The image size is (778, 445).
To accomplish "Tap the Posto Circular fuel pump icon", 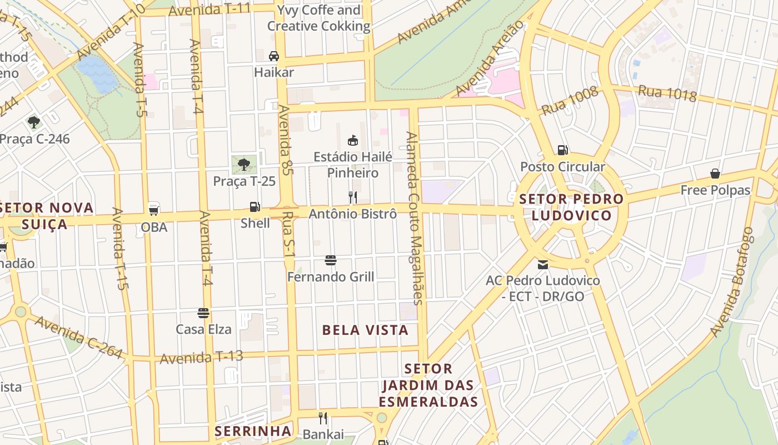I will pyautogui.click(x=562, y=150).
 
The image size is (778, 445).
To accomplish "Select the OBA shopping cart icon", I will pyautogui.click(x=154, y=210).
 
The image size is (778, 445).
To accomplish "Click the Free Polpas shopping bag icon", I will pyautogui.click(x=715, y=174).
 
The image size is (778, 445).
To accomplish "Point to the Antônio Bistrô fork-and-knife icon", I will pyautogui.click(x=352, y=197).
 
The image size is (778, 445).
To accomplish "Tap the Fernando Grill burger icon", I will pyautogui.click(x=331, y=260).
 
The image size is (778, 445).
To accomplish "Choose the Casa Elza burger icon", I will pyautogui.click(x=203, y=313).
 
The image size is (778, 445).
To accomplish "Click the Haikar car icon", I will pyautogui.click(x=274, y=56).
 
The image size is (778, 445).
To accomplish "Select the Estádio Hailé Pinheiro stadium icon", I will pyautogui.click(x=352, y=140).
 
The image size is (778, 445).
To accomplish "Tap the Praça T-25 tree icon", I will pyautogui.click(x=243, y=164).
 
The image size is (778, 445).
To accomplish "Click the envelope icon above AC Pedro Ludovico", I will pyautogui.click(x=542, y=264).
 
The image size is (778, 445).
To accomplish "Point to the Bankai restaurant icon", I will pyautogui.click(x=323, y=418).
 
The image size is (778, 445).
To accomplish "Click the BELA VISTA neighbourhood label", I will pyautogui.click(x=365, y=330).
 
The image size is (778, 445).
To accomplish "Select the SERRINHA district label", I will pyautogui.click(x=253, y=431).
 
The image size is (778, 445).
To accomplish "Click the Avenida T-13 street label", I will pyautogui.click(x=201, y=357).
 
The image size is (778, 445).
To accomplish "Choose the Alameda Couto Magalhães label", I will pyautogui.click(x=415, y=218).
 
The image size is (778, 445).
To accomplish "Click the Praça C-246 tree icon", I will pyautogui.click(x=34, y=122).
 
